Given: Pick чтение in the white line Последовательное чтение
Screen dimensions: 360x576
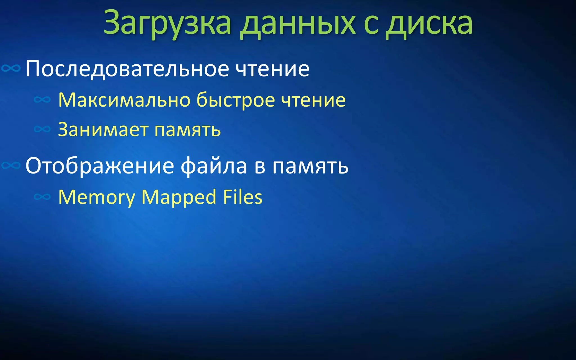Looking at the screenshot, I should pyautogui.click(x=272, y=69).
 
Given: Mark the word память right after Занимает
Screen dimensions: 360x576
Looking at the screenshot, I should pyautogui.click(x=188, y=130).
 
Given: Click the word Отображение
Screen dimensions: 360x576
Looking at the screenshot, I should pyautogui.click(x=100, y=166).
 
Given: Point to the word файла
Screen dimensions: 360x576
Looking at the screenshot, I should pyautogui.click(x=214, y=166).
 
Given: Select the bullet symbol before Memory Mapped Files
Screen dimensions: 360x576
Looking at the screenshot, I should pyautogui.click(x=42, y=197).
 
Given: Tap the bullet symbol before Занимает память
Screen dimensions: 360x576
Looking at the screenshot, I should pyautogui.click(x=42, y=129).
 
